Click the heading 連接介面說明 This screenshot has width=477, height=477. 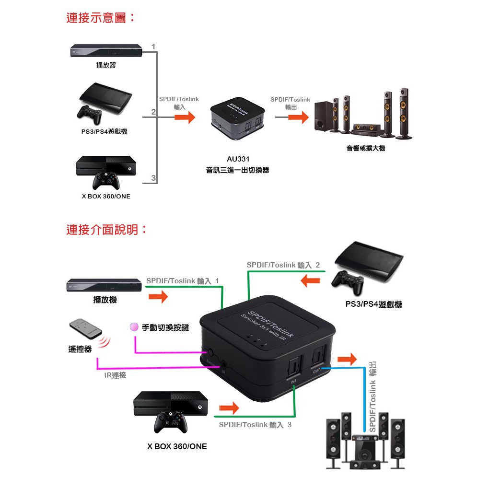[106, 230]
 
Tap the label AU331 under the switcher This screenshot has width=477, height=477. [238, 159]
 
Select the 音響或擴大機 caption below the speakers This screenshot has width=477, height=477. [366, 149]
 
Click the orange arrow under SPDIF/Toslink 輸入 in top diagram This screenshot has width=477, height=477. [185, 117]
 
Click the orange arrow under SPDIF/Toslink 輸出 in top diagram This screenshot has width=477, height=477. [298, 117]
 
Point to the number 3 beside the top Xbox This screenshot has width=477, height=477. [153, 178]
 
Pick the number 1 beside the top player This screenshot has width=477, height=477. [153, 47]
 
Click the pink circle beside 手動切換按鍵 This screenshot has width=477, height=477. [134, 327]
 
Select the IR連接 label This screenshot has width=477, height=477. [116, 375]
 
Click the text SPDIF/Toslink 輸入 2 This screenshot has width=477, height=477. [283, 265]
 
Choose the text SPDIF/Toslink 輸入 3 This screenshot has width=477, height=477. [255, 425]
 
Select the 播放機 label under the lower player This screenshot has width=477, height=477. [105, 300]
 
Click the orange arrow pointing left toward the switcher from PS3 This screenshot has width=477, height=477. [311, 279]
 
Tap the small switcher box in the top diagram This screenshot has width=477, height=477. [237, 120]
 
